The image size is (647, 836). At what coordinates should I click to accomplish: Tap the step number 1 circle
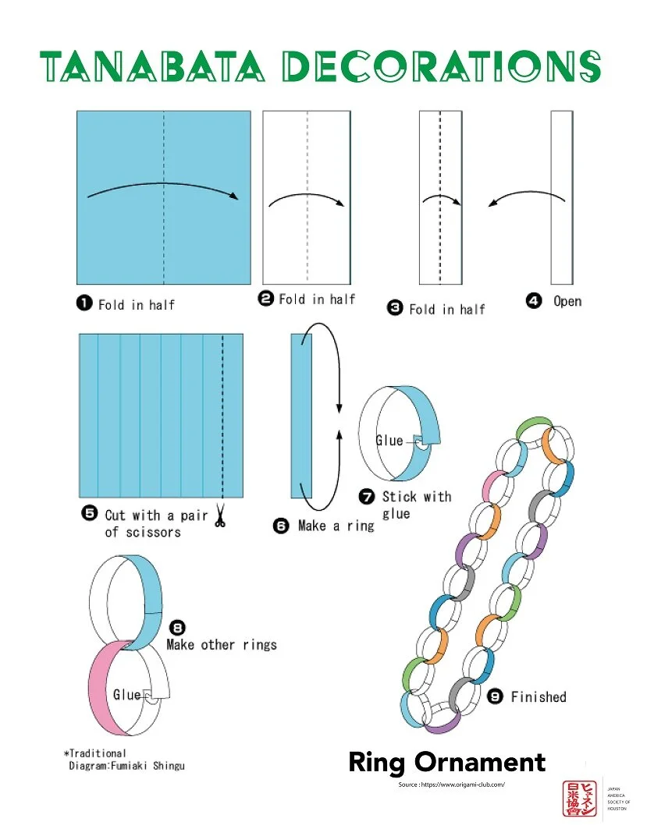tap(84, 304)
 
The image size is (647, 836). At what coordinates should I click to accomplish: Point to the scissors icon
tap(220, 517)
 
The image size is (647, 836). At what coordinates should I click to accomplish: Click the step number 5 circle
tap(89, 515)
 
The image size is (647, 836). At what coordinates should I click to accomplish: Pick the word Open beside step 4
tap(567, 302)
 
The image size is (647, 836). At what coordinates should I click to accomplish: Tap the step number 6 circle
tap(282, 526)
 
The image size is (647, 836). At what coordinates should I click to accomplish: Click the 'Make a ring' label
tap(336, 526)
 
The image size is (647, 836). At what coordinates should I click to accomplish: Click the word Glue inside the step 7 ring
tap(389, 441)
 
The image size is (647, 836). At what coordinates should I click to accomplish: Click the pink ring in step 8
tap(100, 686)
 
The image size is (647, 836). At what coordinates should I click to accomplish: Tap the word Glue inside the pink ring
tap(127, 694)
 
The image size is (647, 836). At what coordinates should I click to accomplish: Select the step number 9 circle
tap(495, 696)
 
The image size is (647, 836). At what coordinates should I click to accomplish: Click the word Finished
tap(539, 696)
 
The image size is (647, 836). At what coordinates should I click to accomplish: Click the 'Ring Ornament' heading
tap(446, 762)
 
